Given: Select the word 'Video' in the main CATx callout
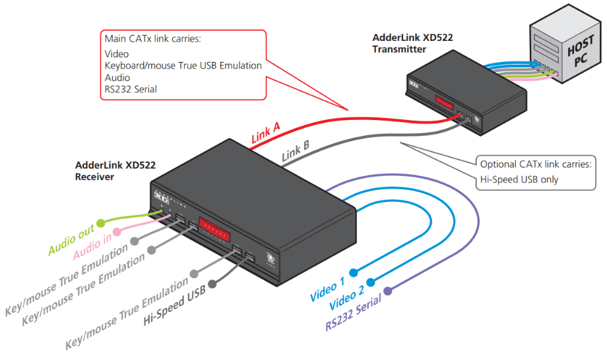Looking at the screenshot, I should click(x=117, y=54).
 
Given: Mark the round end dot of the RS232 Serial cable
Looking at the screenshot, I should click(x=388, y=290).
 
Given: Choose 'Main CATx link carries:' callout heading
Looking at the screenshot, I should click(x=152, y=39).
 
